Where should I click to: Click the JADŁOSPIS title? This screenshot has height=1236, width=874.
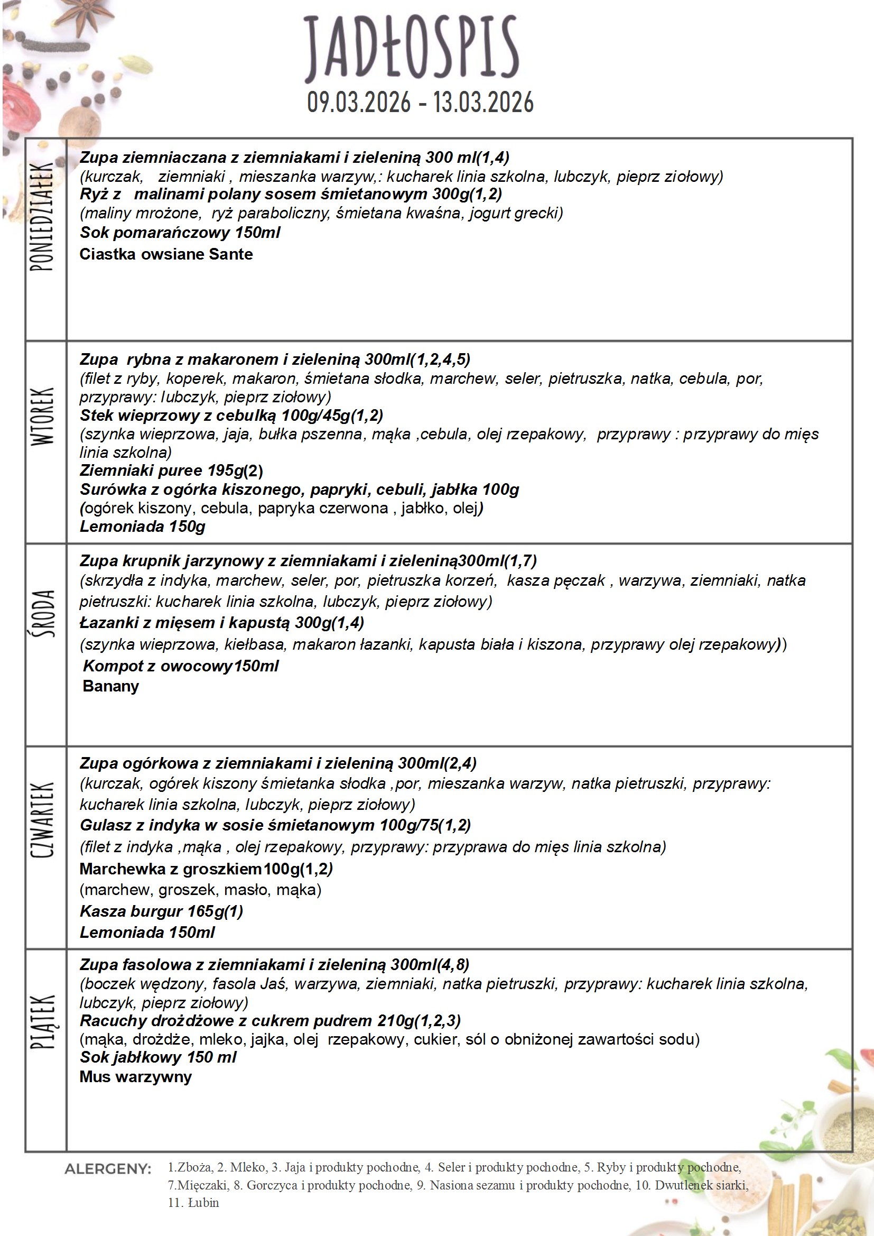[411, 48]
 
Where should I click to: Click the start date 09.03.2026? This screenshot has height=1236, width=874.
[358, 102]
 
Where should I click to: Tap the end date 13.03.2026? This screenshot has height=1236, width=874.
[484, 102]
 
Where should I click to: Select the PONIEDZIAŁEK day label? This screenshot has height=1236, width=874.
[42, 216]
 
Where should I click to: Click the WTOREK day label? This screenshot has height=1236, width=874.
[43, 417]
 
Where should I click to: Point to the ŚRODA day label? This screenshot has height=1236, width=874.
[43, 613]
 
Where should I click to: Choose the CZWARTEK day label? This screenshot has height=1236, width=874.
[43, 819]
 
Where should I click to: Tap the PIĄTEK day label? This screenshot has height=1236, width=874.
[43, 1021]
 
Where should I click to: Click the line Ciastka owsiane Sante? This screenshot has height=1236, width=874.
[166, 254]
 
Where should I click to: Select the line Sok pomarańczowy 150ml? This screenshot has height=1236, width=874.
[180, 233]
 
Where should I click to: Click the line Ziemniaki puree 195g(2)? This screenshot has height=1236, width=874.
[171, 471]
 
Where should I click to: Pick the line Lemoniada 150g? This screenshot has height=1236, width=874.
[142, 527]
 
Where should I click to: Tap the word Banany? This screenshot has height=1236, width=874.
[111, 686]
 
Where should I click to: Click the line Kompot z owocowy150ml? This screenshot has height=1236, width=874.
[181, 666]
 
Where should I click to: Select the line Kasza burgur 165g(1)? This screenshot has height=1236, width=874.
[162, 911]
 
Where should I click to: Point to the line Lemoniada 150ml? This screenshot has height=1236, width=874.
[147, 932]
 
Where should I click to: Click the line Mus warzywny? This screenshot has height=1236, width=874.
[136, 1077]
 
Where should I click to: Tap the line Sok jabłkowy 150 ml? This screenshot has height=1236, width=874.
[157, 1057]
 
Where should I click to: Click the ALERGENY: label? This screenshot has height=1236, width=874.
[108, 1169]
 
